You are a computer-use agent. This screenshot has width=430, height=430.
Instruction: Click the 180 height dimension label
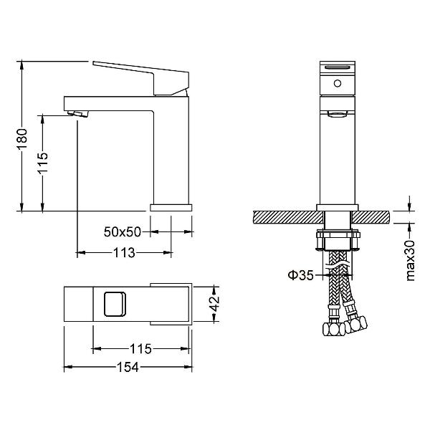click(x=23, y=138)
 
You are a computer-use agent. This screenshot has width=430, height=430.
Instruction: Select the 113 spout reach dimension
click(x=124, y=252)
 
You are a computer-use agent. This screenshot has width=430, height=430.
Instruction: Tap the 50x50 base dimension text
click(x=123, y=232)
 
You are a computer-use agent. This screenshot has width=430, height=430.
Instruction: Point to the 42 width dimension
click(x=215, y=304)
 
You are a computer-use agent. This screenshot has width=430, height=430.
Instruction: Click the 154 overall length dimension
click(x=128, y=367)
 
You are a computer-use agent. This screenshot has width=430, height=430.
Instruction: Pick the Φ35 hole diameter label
click(x=300, y=275)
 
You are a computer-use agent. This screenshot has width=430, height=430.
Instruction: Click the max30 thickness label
click(x=410, y=261)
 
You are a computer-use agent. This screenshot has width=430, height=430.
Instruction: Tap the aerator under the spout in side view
click(x=78, y=113)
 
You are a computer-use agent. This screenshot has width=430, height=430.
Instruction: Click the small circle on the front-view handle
click(x=338, y=83)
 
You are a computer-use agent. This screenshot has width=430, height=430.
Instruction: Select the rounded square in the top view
click(x=115, y=304)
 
